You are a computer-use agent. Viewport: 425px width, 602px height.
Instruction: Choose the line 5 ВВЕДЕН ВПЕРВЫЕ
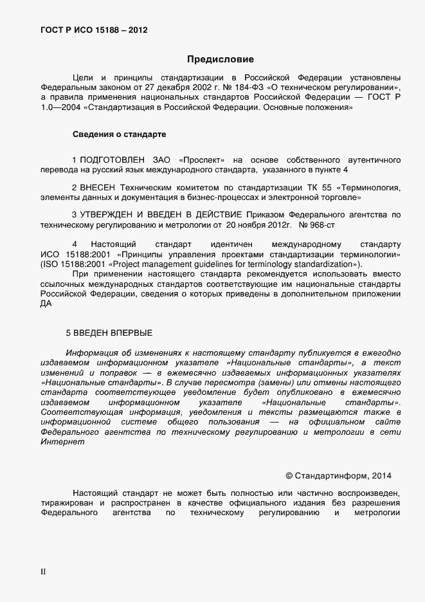(109, 333)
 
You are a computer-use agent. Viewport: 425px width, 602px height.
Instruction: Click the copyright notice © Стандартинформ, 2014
(338, 476)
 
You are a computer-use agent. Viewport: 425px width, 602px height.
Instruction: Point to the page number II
(43, 570)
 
